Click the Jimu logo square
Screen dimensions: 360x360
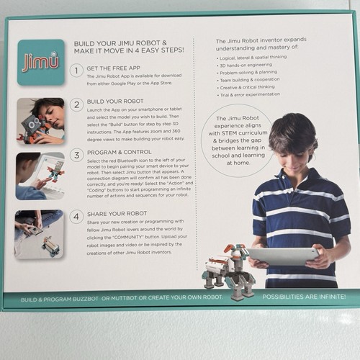click(x=40, y=62)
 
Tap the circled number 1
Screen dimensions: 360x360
click(x=76, y=71)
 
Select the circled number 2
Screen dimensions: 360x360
click(x=76, y=105)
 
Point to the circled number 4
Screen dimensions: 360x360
click(x=76, y=217)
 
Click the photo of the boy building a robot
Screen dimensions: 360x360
click(x=40, y=121)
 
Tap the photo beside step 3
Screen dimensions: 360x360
click(x=40, y=176)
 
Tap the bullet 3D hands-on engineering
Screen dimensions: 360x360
click(x=250, y=65)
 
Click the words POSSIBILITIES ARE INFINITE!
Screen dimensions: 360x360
click(x=303, y=297)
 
